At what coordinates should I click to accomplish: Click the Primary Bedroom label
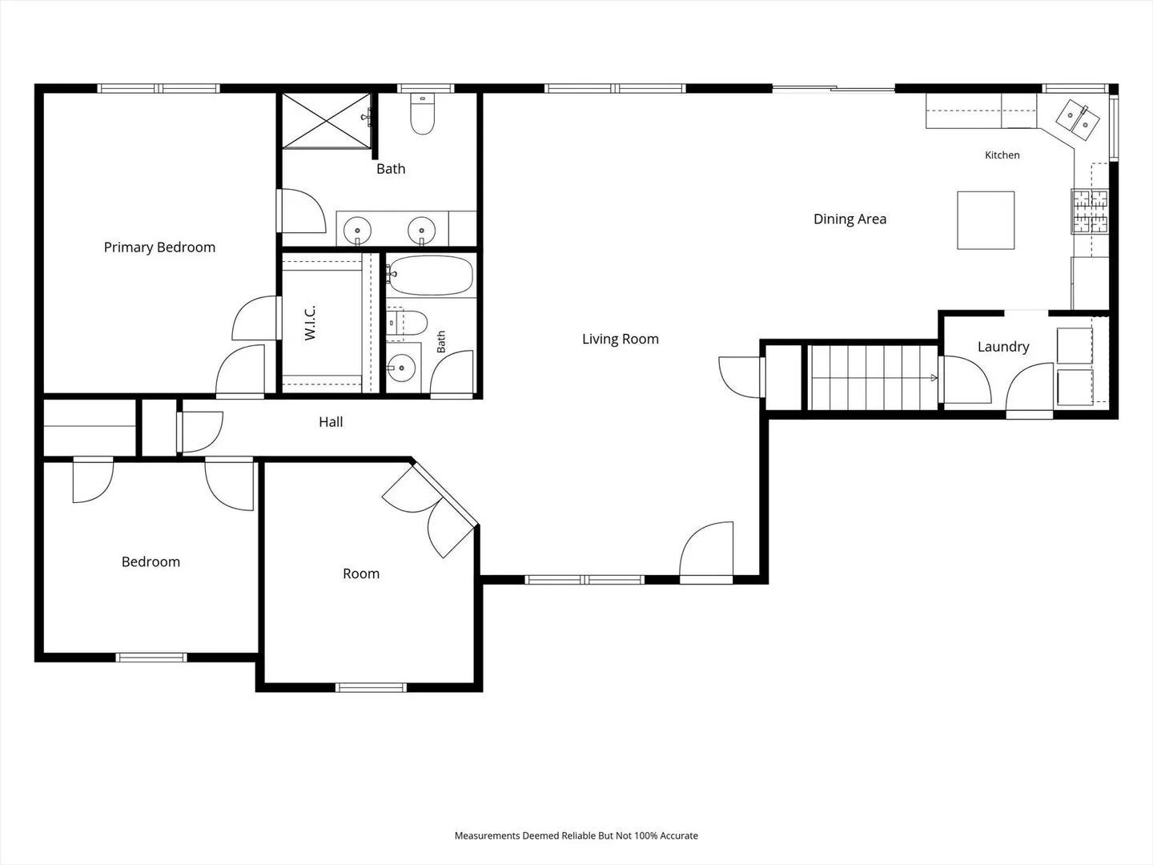tap(159, 247)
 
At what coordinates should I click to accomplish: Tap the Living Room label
tap(621, 340)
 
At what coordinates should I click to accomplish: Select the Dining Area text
tap(850, 219)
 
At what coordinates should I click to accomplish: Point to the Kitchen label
tap(1002, 155)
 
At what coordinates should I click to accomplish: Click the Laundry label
tap(1003, 347)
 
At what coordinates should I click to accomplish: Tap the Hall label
tap(331, 422)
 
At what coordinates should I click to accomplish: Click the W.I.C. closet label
tap(310, 323)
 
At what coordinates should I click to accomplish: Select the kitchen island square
tap(986, 220)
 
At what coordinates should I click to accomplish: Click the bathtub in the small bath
tap(431, 276)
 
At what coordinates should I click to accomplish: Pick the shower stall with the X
tap(327, 121)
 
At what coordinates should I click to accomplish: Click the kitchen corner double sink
tap(1078, 120)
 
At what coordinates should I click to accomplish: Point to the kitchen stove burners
tap(1091, 211)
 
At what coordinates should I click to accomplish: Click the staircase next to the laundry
tap(873, 377)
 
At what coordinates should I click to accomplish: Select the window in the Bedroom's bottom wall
tap(151, 658)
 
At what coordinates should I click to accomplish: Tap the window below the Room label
tap(371, 687)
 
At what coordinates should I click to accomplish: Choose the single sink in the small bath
tap(402, 368)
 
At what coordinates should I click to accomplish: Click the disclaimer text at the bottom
tap(576, 835)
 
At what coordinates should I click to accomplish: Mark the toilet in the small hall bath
tap(407, 323)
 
